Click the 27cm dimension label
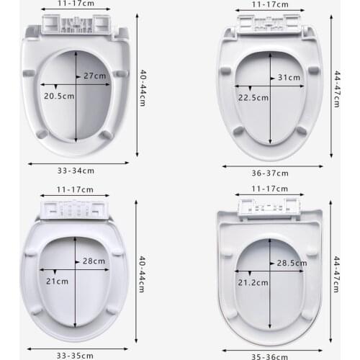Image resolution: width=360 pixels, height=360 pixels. [95, 75]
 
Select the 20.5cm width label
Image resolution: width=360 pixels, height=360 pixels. [58, 95]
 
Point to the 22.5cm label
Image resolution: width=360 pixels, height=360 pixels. [253, 97]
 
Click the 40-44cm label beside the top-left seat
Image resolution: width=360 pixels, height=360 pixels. [143, 84]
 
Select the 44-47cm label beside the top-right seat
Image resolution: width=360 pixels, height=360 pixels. [336, 89]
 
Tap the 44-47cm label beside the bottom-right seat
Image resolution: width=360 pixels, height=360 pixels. [336, 272]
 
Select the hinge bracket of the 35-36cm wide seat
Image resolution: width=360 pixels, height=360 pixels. [269, 208]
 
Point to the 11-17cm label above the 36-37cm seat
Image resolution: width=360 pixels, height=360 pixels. [269, 4]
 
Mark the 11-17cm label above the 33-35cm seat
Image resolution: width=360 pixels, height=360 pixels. [76, 189]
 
